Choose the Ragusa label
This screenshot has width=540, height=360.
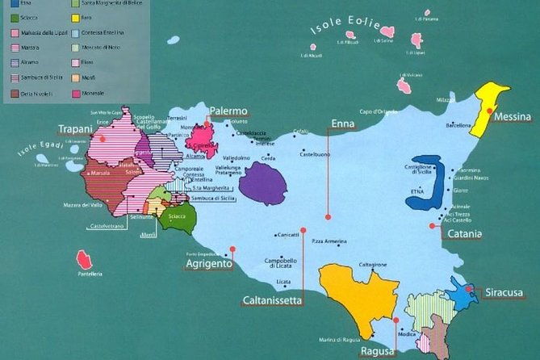[x=377, y=351]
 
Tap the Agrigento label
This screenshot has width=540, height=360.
[x=208, y=264]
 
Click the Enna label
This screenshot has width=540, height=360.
[x=347, y=123]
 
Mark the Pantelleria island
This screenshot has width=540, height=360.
[x=83, y=261]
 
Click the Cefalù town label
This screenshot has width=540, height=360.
[x=301, y=131]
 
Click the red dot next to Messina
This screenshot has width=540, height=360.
[x=490, y=112]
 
